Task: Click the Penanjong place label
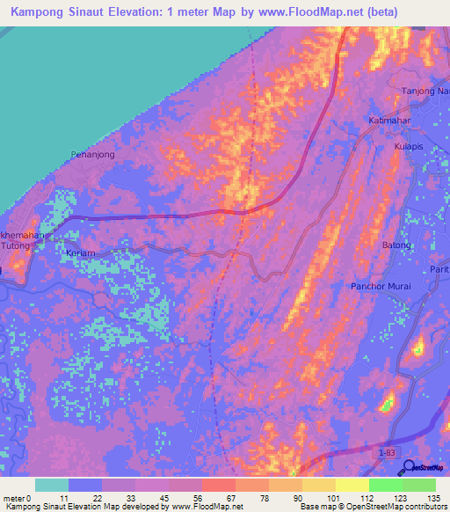92,154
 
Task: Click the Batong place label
396,245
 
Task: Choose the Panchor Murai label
381,287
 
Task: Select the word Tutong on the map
17,248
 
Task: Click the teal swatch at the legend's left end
52,485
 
